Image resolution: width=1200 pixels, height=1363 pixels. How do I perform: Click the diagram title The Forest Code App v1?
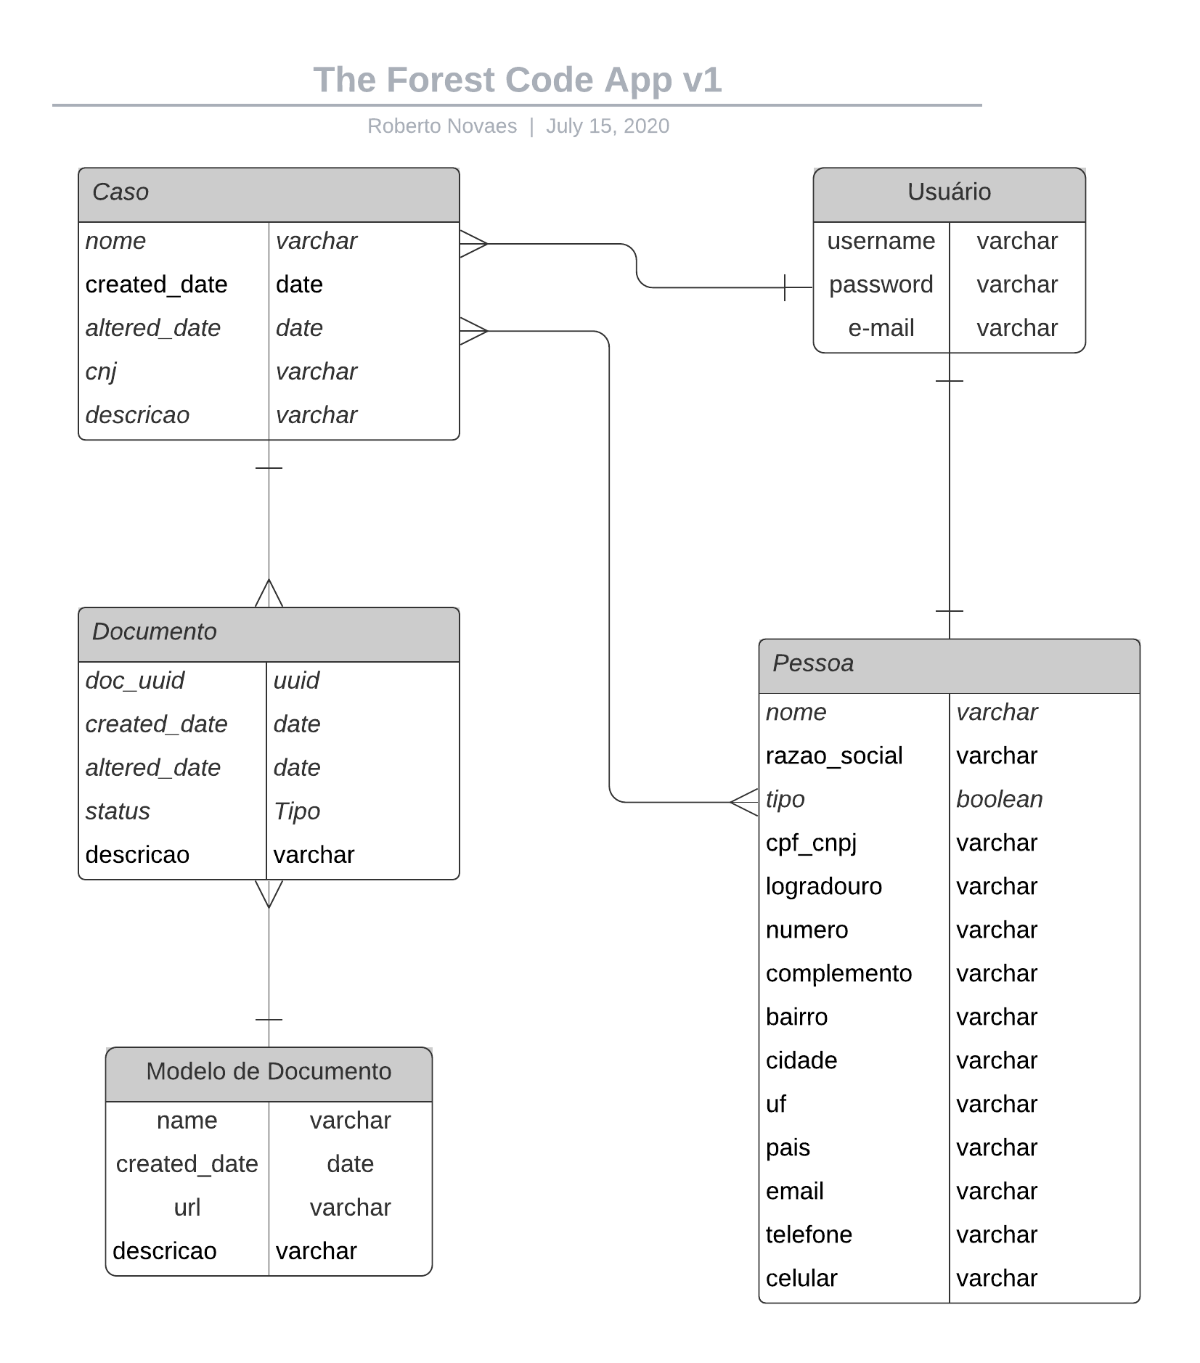point(517,80)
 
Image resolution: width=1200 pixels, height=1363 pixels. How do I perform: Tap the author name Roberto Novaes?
point(441,126)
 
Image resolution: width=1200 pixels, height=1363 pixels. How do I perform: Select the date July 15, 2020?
point(607,126)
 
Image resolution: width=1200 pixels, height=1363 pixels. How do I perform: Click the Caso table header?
point(269,193)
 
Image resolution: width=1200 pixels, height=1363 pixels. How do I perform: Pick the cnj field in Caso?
point(101,372)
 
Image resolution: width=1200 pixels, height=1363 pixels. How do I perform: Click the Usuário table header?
point(948,193)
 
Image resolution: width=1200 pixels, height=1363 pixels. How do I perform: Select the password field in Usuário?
point(881,285)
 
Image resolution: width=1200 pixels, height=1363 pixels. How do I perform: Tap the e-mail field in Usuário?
point(881,328)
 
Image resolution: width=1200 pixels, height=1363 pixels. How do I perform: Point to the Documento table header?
point(269,633)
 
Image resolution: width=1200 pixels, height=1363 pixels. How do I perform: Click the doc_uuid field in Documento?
point(135,681)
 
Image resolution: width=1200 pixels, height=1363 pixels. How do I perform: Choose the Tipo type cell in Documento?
point(296,811)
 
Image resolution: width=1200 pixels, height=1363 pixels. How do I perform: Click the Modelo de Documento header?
point(269,1073)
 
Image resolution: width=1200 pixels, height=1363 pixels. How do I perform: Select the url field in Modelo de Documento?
point(187,1208)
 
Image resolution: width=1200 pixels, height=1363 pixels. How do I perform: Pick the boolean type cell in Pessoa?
point(999,800)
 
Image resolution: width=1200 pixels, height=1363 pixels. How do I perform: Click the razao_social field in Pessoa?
point(833,756)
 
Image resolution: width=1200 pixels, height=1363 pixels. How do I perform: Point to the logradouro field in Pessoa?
point(823,887)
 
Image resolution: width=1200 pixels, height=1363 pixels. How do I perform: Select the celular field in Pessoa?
point(801,1279)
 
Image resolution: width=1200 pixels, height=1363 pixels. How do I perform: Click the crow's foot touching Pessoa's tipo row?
point(745,802)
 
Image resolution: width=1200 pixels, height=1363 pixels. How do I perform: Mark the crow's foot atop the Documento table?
point(269,594)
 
